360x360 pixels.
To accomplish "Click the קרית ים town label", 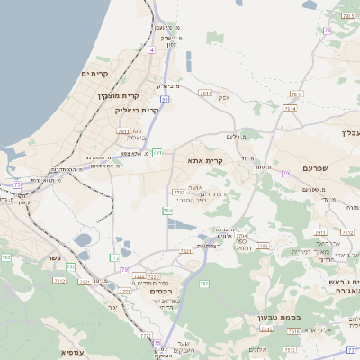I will point(94,74).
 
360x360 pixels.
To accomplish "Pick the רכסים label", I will point(150,291).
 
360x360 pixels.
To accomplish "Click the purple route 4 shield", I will point(152,50).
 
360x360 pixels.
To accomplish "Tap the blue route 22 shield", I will point(165,99).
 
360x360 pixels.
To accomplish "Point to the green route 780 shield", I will point(167,211).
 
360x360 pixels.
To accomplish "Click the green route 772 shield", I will point(114,258).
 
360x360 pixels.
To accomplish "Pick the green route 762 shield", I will point(204,284).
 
